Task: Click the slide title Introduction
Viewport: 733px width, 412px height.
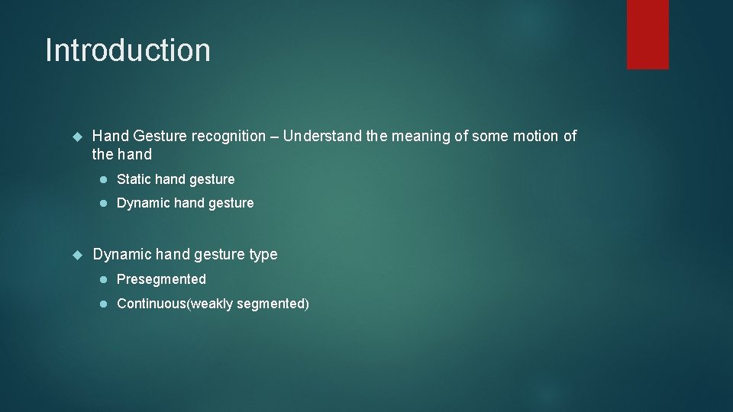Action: pyautogui.click(x=128, y=50)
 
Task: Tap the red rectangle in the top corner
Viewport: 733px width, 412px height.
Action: pyautogui.click(x=647, y=34)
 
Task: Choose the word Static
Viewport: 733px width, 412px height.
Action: pyautogui.click(x=134, y=179)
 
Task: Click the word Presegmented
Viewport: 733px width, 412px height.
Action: pyautogui.click(x=161, y=279)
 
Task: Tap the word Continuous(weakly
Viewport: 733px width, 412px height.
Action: pyautogui.click(x=175, y=304)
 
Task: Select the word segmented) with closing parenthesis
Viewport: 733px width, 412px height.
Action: pyautogui.click(x=273, y=304)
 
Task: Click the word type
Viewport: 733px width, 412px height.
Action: pyautogui.click(x=263, y=255)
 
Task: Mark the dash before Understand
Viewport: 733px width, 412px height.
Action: pyautogui.click(x=275, y=137)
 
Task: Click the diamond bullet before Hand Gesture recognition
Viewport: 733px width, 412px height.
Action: pyautogui.click(x=76, y=137)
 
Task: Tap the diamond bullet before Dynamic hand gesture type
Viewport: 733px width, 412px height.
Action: pyautogui.click(x=76, y=254)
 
